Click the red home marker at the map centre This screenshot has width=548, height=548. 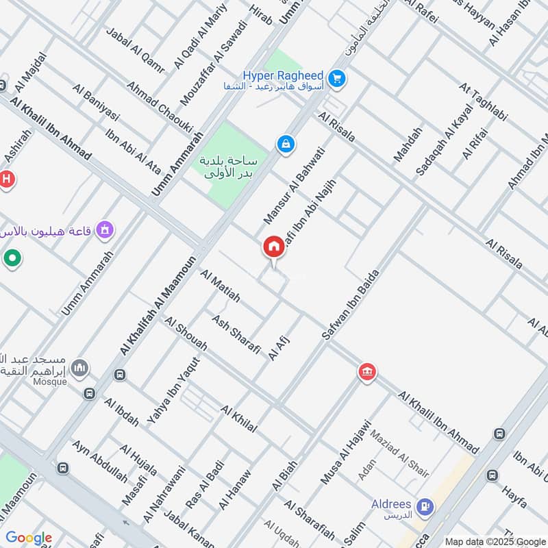pyautogui.click(x=274, y=247)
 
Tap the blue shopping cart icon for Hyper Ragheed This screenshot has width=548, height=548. pyautogui.click(x=336, y=79)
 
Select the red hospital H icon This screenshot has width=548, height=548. pyautogui.click(x=7, y=179)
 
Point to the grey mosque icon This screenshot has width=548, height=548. pyautogui.click(x=80, y=369)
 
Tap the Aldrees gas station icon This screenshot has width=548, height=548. pyautogui.click(x=425, y=507)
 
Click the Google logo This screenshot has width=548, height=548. pyautogui.click(x=28, y=538)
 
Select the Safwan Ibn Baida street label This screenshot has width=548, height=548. pyautogui.click(x=350, y=306)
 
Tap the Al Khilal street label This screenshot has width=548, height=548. pyautogui.click(x=238, y=419)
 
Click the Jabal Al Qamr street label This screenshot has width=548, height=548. pyautogui.click(x=136, y=49)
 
